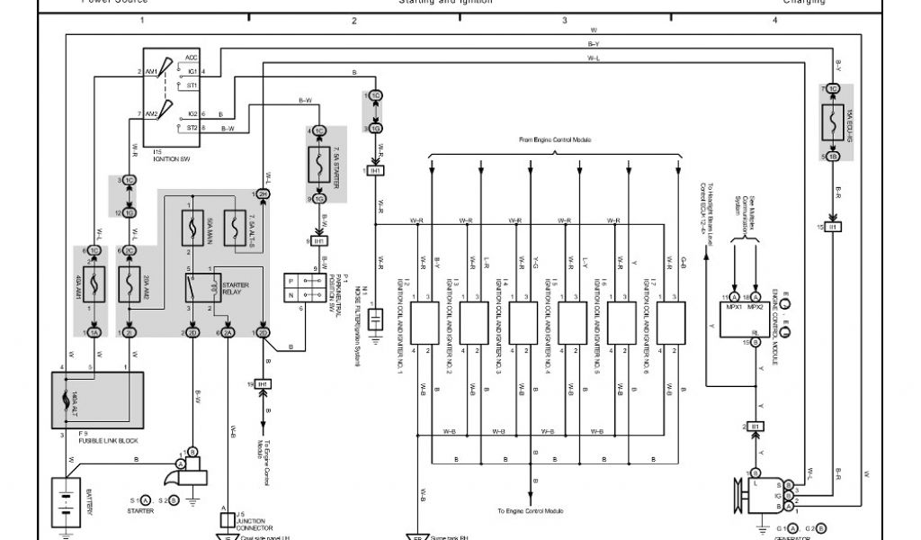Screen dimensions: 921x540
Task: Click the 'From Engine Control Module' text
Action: pos(551,140)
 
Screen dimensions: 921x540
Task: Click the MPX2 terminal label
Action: pos(756,307)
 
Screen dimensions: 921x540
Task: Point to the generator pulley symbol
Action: pos(743,492)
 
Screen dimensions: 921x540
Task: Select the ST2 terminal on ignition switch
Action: pos(191,129)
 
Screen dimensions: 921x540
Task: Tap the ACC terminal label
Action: pos(191,57)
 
